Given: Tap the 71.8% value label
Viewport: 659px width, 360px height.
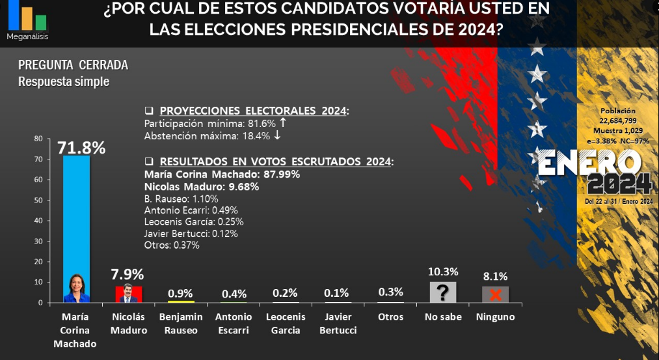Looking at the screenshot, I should [81, 148].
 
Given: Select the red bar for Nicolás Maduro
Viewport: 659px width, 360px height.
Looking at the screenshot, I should [129, 294].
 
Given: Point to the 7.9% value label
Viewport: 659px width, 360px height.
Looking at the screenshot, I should [128, 275].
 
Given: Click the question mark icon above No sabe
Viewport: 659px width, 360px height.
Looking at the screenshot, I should [442, 293].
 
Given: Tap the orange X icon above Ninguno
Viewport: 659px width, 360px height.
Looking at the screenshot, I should [495, 295].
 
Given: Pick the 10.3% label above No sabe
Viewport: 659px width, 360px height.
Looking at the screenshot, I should [443, 271].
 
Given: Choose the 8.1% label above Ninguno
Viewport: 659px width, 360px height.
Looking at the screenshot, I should [495, 276].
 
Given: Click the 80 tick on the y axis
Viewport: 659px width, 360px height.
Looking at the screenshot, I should [38, 139].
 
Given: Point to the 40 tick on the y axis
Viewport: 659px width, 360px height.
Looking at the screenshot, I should [38, 221].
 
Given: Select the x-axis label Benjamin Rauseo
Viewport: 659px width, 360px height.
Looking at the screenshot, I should [181, 324].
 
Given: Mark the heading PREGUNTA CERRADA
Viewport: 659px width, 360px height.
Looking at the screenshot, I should [73, 65].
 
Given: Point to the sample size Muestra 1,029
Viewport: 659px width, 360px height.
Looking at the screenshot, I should [618, 131].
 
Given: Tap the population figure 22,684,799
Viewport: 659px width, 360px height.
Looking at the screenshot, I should [618, 120].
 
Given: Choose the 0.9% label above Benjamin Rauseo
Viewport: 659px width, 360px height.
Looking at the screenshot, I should [181, 294].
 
